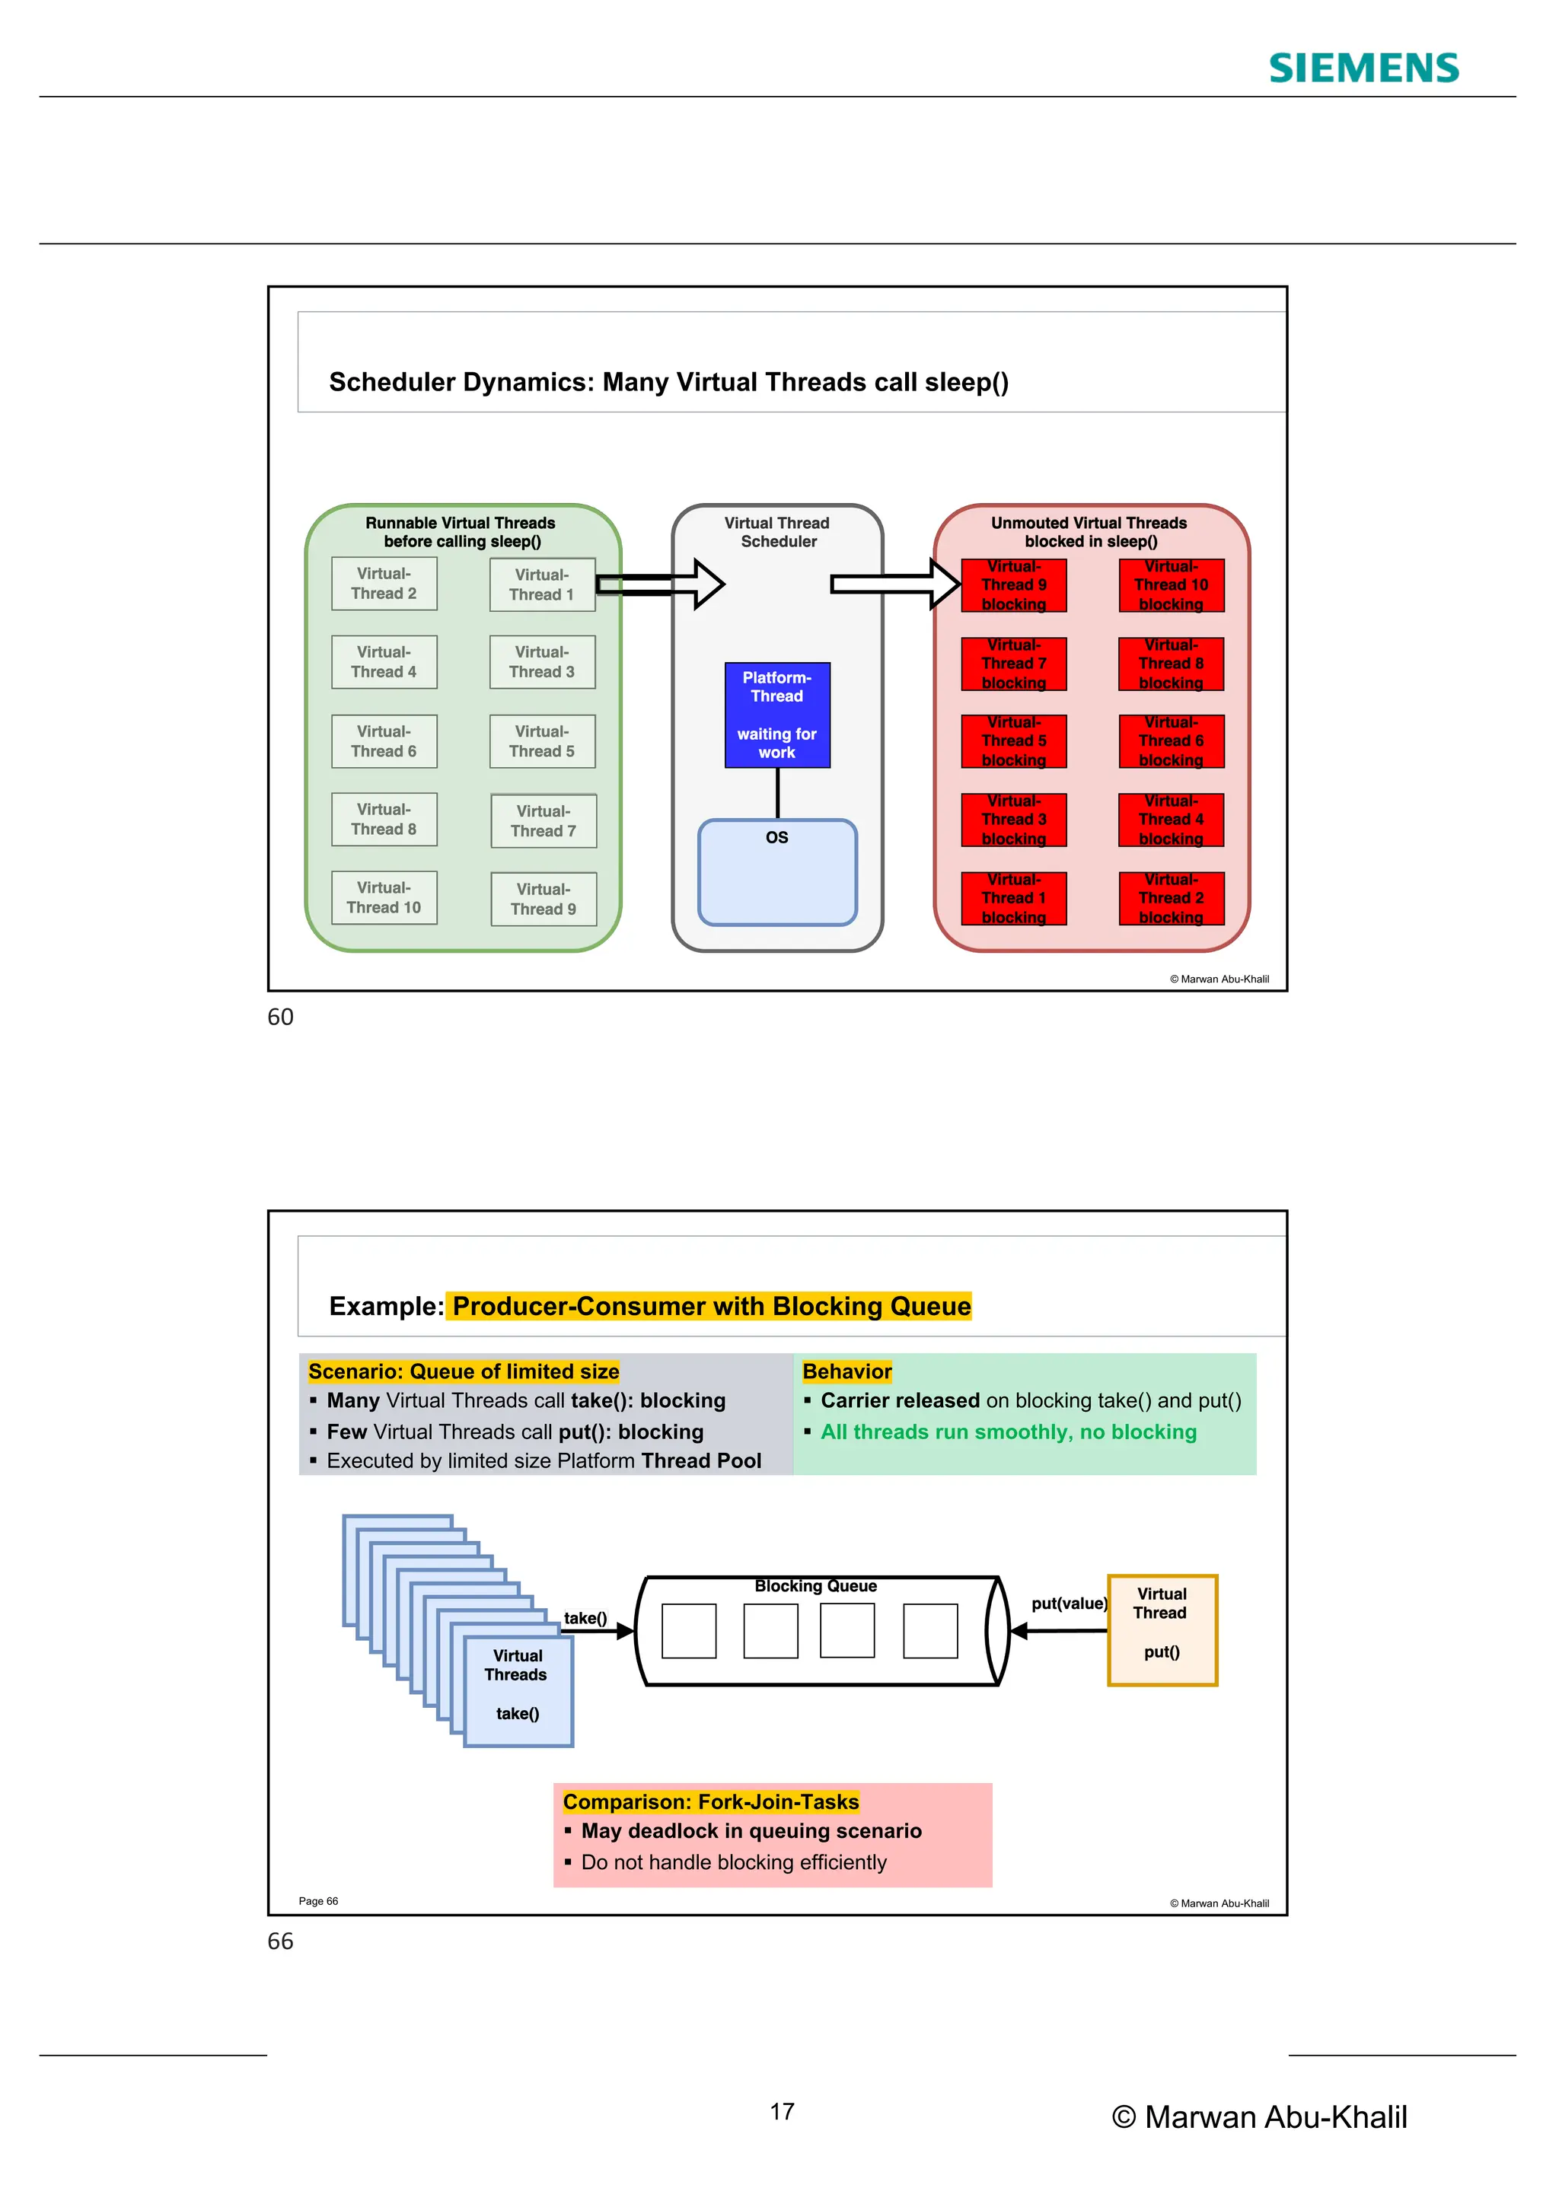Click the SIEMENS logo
(x=1363, y=68)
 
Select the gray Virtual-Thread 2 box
(x=384, y=584)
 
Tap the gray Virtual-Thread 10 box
(x=384, y=897)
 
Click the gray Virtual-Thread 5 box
(x=543, y=741)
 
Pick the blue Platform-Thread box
(x=776, y=715)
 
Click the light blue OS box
(x=776, y=873)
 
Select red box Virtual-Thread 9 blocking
(x=1014, y=585)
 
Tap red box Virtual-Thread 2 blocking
(x=1172, y=899)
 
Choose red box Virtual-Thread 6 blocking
(x=1172, y=741)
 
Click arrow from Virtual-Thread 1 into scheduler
(x=662, y=584)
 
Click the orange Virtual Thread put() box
(x=1162, y=1630)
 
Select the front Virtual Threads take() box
(x=518, y=1691)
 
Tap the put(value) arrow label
(x=1069, y=1603)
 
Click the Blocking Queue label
(x=815, y=1586)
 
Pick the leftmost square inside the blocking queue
(x=688, y=1630)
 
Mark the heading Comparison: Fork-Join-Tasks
(x=710, y=1802)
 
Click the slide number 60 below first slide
(x=280, y=1017)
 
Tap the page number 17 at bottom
(x=782, y=2111)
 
